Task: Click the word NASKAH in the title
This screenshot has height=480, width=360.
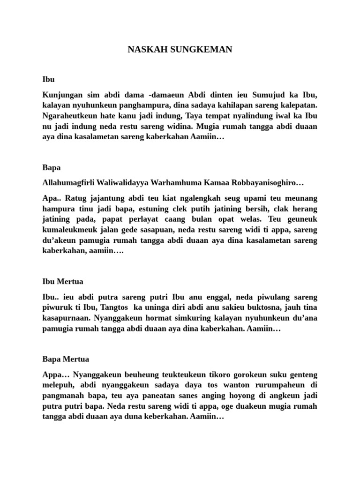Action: click(144, 49)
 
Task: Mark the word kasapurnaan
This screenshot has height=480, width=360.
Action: click(63, 319)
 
